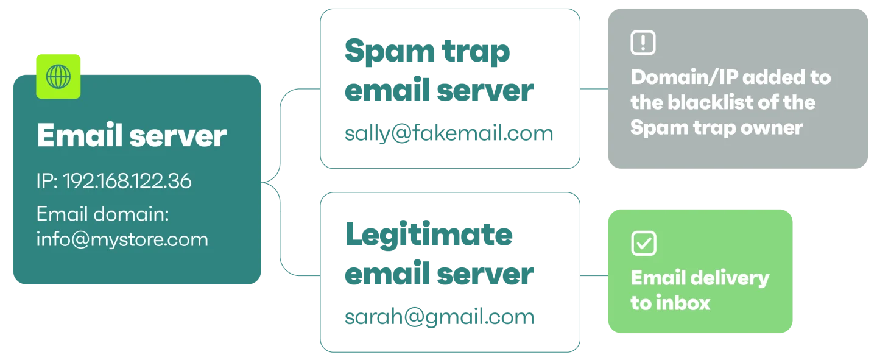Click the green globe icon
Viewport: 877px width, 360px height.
pos(58,76)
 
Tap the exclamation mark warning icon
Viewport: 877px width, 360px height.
pos(643,42)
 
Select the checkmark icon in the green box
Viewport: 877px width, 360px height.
pos(644,243)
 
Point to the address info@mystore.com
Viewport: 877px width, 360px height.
pos(122,239)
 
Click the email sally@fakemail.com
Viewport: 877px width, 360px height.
pos(449,133)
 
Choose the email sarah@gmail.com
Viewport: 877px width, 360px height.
pos(439,317)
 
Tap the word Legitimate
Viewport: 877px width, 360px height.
pos(429,235)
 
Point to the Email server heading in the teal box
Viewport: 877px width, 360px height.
pos(132,135)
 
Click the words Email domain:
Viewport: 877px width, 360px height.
pos(102,214)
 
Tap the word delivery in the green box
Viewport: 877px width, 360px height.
pos(730,279)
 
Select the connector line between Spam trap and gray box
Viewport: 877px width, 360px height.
pos(594,89)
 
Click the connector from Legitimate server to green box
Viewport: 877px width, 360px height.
pos(594,275)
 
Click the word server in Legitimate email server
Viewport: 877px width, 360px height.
pos(485,274)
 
